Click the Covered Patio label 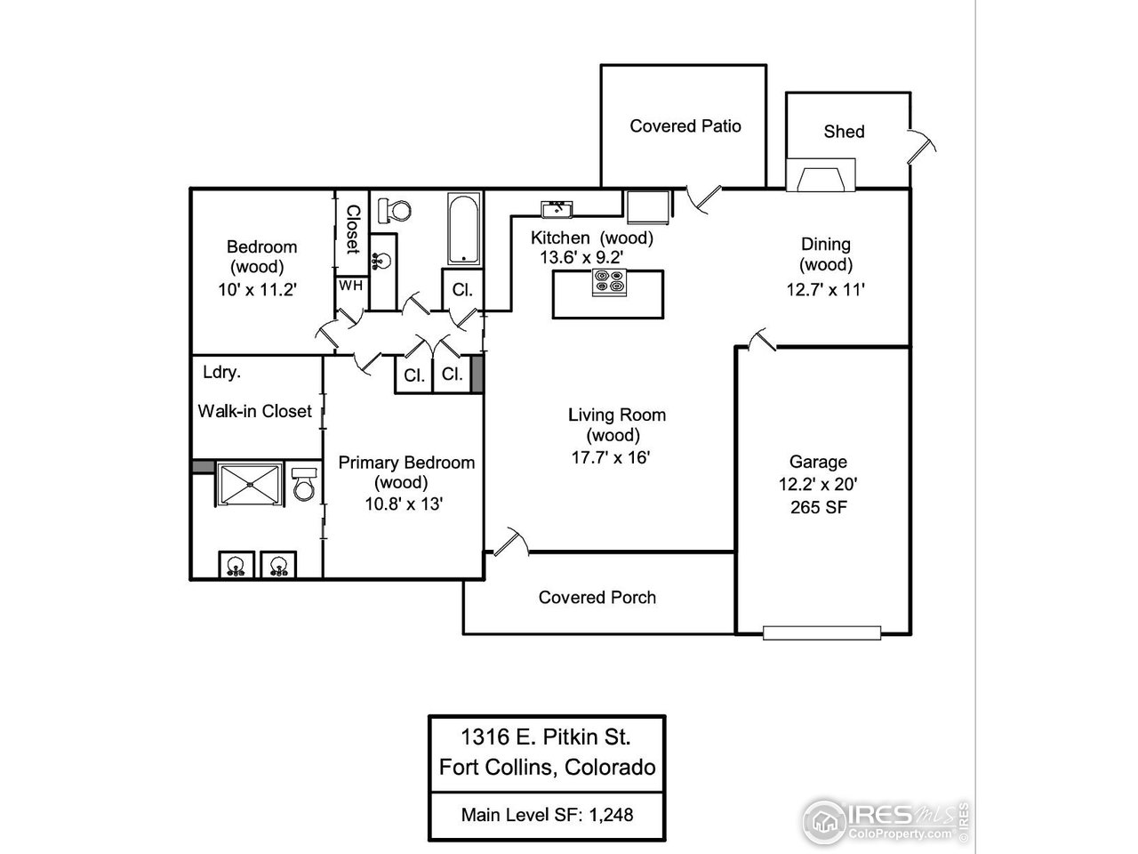[x=685, y=126]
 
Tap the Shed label [x=844, y=132]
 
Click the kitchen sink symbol [x=557, y=209]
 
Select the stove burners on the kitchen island [x=610, y=283]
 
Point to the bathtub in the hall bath [x=464, y=229]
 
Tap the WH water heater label [x=350, y=286]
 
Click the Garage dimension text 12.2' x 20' [x=818, y=485]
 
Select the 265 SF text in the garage [x=818, y=508]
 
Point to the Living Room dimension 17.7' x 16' [x=616, y=458]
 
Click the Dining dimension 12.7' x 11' [x=825, y=289]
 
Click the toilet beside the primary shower [x=304, y=486]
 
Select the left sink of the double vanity [x=236, y=565]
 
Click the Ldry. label [x=221, y=373]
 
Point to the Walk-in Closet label [x=254, y=411]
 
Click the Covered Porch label [x=597, y=598]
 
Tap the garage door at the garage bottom [x=821, y=632]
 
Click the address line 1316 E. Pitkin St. [x=546, y=737]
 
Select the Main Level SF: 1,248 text [x=546, y=813]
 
